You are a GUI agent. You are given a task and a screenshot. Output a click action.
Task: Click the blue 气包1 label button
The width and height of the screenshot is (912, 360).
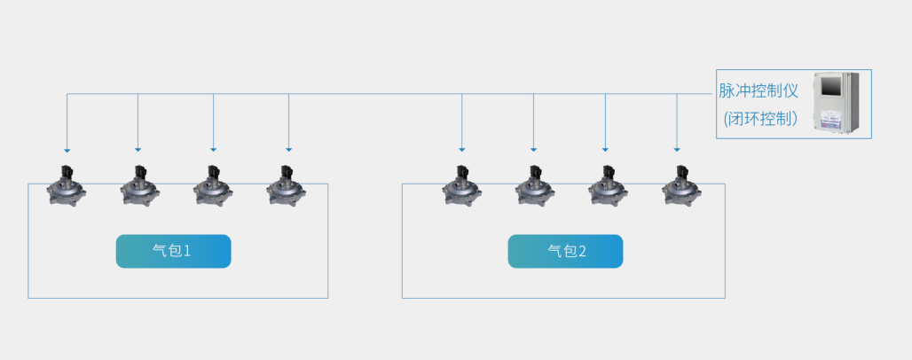tap(173, 251)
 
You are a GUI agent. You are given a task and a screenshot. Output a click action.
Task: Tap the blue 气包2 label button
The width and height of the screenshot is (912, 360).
tap(565, 251)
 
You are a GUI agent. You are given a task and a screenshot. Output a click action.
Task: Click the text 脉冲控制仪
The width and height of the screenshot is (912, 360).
tap(759, 91)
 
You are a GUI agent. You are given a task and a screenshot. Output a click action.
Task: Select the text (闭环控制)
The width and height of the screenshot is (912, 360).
tap(760, 118)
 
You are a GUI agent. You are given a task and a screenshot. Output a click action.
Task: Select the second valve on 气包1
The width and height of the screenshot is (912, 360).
tap(140, 186)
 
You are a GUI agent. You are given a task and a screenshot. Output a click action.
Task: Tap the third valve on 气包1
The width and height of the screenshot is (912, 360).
tap(214, 186)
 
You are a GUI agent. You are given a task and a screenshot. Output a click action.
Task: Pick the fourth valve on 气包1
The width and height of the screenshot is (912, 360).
tap(287, 186)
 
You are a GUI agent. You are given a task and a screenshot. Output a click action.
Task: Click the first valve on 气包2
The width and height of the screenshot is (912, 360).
tap(461, 186)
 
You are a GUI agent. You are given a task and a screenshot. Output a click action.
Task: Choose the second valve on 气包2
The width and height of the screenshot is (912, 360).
tap(534, 186)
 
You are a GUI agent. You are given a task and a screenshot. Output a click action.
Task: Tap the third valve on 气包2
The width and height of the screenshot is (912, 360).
tap(607, 186)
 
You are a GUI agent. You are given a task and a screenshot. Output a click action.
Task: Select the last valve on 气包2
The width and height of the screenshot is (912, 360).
tap(680, 186)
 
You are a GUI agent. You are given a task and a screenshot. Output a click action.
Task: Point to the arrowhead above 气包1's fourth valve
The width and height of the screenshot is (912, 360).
tap(288, 149)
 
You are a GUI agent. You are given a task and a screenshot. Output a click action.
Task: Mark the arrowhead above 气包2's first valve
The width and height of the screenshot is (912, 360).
tap(461, 149)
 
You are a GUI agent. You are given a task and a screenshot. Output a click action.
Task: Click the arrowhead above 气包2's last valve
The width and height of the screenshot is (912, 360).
tap(677, 149)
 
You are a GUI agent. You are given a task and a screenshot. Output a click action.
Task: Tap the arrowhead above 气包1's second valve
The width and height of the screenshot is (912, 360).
tap(138, 149)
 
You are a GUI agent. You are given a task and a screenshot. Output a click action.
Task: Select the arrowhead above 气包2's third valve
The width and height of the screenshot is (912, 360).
tap(605, 149)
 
